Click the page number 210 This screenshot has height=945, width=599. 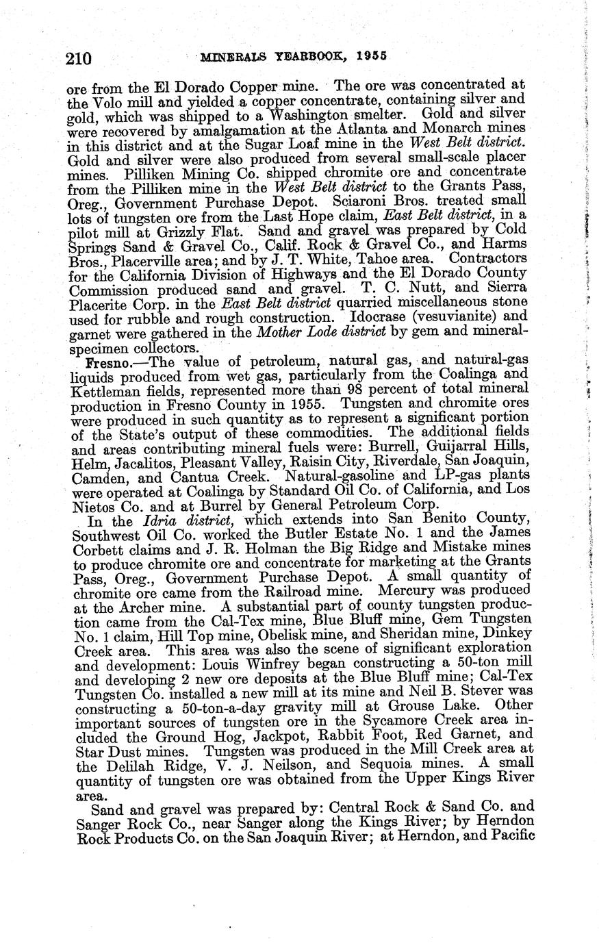click(79, 58)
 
